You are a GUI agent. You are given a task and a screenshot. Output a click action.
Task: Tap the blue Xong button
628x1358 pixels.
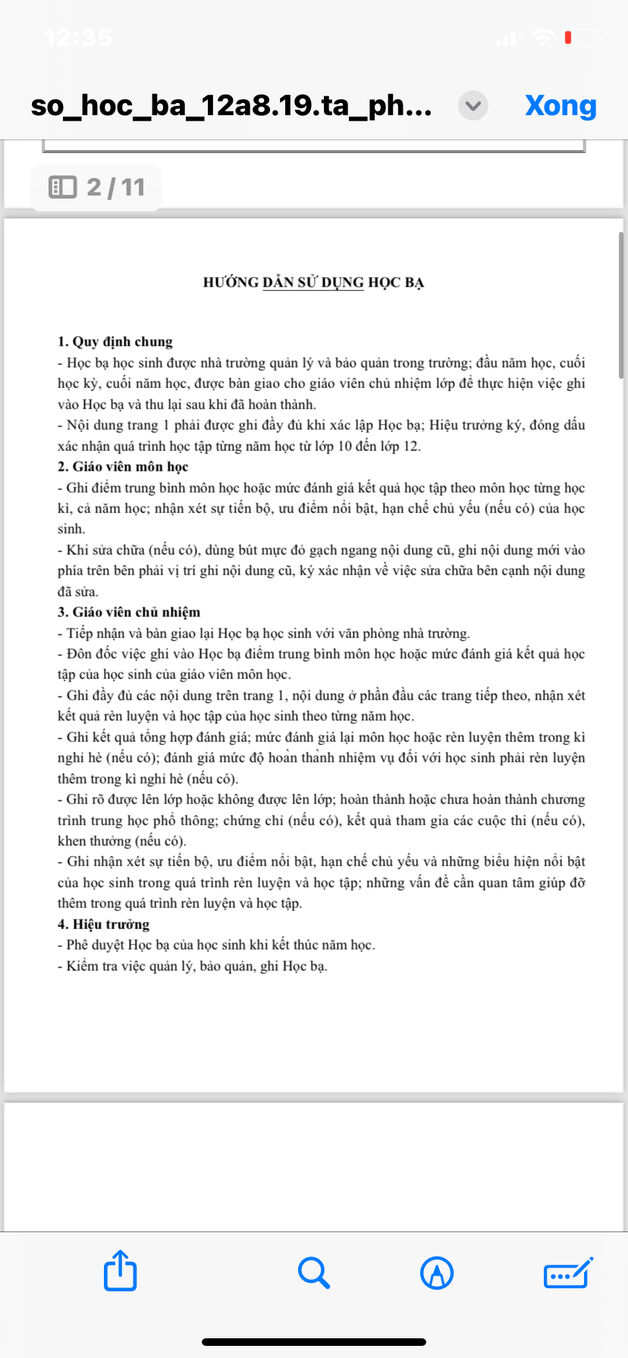point(560,105)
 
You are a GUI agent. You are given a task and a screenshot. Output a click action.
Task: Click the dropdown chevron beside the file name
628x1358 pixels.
point(473,105)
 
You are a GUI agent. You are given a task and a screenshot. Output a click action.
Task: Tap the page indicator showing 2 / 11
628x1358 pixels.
point(96,187)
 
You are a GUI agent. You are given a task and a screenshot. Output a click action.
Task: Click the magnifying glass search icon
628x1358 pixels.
point(313,1272)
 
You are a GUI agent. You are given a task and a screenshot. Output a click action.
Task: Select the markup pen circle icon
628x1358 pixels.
point(437,1272)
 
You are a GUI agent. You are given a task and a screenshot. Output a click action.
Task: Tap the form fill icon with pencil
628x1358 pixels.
point(568,1272)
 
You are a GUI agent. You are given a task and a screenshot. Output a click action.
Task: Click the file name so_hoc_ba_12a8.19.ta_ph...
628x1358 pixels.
point(231,105)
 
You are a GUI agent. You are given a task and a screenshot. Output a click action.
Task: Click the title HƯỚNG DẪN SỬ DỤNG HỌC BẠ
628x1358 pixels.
point(313,283)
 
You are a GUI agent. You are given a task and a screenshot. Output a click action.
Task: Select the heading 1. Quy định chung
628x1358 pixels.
point(115,342)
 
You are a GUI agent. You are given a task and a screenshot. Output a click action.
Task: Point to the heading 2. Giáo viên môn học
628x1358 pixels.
point(123,467)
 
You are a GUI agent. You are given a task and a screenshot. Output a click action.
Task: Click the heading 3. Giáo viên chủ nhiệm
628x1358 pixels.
point(129,612)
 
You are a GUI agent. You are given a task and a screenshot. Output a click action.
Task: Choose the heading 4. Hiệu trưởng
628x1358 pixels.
point(104,925)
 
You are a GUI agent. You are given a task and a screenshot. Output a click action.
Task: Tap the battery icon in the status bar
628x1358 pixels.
point(582,37)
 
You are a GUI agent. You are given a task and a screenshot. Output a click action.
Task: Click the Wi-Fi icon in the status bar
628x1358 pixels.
point(542,37)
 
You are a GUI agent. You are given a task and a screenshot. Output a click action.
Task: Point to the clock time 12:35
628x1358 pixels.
point(78,37)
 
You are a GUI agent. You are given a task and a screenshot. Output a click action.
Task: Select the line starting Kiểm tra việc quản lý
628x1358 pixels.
point(193,966)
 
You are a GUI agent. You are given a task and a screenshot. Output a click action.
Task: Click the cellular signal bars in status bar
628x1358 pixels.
point(506,38)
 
